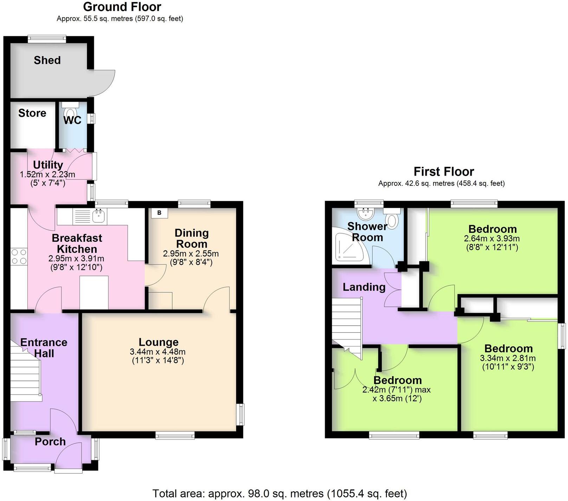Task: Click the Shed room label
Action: (x=47, y=60)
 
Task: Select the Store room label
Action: (x=32, y=113)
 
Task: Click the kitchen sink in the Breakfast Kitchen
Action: (x=99, y=216)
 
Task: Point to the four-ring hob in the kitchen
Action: (x=19, y=256)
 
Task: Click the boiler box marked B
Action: (x=159, y=213)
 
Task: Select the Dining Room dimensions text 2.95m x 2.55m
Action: (x=191, y=254)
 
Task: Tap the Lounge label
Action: (x=159, y=342)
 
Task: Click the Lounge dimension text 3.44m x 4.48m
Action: (x=158, y=352)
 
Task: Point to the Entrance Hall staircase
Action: (x=25, y=372)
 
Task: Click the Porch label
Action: (x=50, y=441)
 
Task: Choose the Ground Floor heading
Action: (x=122, y=7)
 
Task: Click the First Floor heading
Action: (x=444, y=171)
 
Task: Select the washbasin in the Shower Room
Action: (x=365, y=212)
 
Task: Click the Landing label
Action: (x=364, y=287)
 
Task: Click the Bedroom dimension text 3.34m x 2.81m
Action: (x=508, y=358)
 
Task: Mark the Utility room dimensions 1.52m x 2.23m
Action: (x=47, y=174)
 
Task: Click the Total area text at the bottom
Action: (x=279, y=493)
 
